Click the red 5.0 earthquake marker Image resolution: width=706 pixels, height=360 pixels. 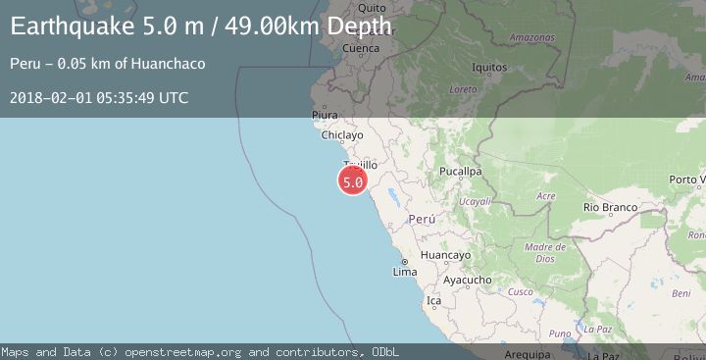pos(353,180)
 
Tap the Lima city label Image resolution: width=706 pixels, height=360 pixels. pos(404,272)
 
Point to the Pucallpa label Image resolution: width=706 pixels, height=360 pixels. pos(460,171)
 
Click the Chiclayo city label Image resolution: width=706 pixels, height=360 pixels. pos(342,135)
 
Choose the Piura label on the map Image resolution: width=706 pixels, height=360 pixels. pos(325,116)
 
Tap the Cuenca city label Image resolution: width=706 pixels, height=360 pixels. pos(360,48)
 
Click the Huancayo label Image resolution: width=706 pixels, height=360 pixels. pos(445,255)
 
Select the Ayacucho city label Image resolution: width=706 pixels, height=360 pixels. pos(467,280)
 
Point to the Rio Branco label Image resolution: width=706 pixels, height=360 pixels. pos(610,208)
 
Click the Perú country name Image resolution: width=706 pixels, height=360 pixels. pos(422,220)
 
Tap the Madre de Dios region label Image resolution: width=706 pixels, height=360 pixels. pos(539,252)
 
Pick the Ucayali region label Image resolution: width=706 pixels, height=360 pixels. pos(475,201)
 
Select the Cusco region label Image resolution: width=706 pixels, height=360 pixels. pos(520,291)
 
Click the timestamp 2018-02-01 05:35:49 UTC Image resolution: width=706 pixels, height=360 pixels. pos(99,97)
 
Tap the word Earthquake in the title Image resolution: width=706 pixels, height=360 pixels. pos(62,26)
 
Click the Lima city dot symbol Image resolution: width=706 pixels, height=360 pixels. pos(404,262)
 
